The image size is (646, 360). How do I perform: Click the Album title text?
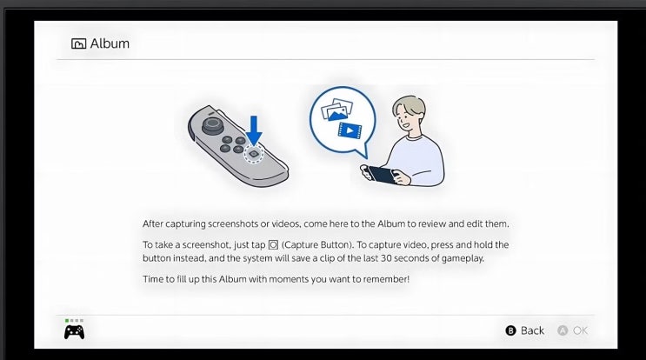point(110,43)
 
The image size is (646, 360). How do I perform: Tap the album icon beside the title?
point(79,43)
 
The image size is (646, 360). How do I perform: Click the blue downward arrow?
point(254,130)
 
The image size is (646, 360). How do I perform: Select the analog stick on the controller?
point(213,125)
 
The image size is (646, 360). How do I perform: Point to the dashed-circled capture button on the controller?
point(254,154)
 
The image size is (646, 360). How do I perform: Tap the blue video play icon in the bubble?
point(350,130)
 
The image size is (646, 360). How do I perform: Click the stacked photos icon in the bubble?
point(337,110)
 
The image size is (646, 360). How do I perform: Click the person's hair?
point(408,106)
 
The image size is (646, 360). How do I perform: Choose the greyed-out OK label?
point(580,330)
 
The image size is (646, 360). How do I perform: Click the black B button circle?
point(510,330)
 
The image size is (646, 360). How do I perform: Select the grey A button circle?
point(563,330)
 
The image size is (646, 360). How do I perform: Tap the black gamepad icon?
point(74,332)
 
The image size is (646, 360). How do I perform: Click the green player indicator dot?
point(67,320)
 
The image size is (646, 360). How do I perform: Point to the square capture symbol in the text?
point(273,245)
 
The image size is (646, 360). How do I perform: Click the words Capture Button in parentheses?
point(316,244)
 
